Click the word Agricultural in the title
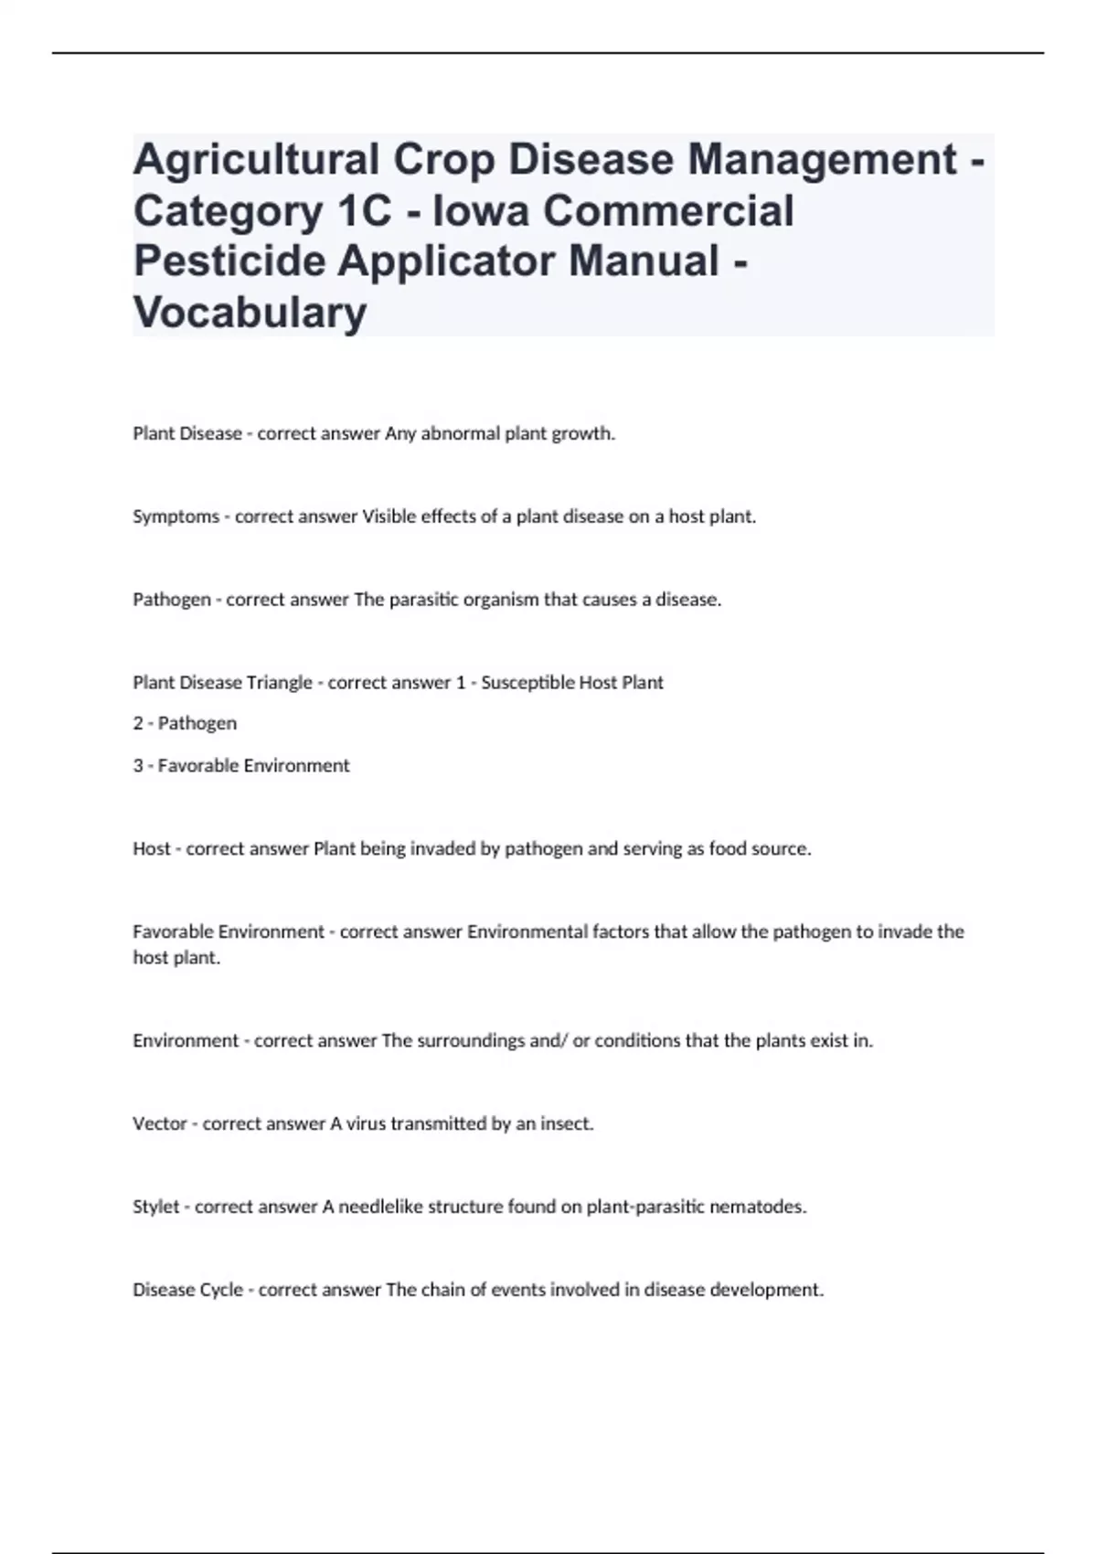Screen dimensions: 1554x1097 point(255,160)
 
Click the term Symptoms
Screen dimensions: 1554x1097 point(176,516)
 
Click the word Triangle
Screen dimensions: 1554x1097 point(279,683)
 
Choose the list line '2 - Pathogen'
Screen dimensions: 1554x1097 point(185,723)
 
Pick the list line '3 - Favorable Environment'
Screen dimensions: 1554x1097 point(241,765)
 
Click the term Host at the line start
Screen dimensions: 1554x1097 point(152,848)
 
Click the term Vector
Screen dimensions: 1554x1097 point(160,1123)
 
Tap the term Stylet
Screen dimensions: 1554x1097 point(156,1207)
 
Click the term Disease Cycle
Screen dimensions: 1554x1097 point(187,1290)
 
